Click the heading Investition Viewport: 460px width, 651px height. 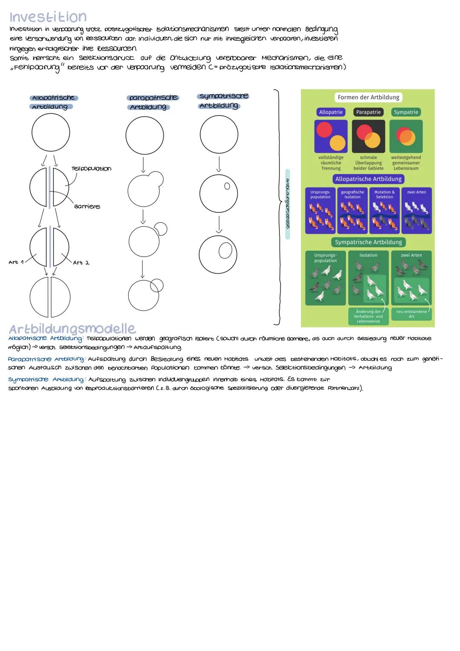[48, 17]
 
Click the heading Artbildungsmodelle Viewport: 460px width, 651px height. [72, 329]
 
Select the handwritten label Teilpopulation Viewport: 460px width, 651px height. [91, 169]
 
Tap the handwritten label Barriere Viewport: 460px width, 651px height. [87, 206]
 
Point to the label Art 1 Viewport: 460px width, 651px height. [15, 262]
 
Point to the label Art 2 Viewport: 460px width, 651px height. [81, 263]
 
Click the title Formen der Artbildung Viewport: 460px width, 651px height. [368, 97]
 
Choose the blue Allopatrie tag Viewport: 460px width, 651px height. [331, 112]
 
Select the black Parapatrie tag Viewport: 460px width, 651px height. [368, 112]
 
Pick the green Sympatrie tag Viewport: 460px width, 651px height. [406, 112]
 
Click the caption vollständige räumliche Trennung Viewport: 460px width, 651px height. [331, 163]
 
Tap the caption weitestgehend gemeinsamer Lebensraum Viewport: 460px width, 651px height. [406, 163]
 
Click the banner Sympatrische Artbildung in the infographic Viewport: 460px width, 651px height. [368, 242]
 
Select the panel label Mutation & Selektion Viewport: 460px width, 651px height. [384, 194]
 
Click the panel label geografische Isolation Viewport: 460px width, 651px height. [352, 194]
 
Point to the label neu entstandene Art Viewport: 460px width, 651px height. [411, 314]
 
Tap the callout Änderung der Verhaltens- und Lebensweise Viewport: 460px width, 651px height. [368, 316]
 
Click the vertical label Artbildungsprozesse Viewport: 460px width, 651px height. [287, 204]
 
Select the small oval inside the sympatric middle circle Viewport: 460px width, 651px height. [227, 186]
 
